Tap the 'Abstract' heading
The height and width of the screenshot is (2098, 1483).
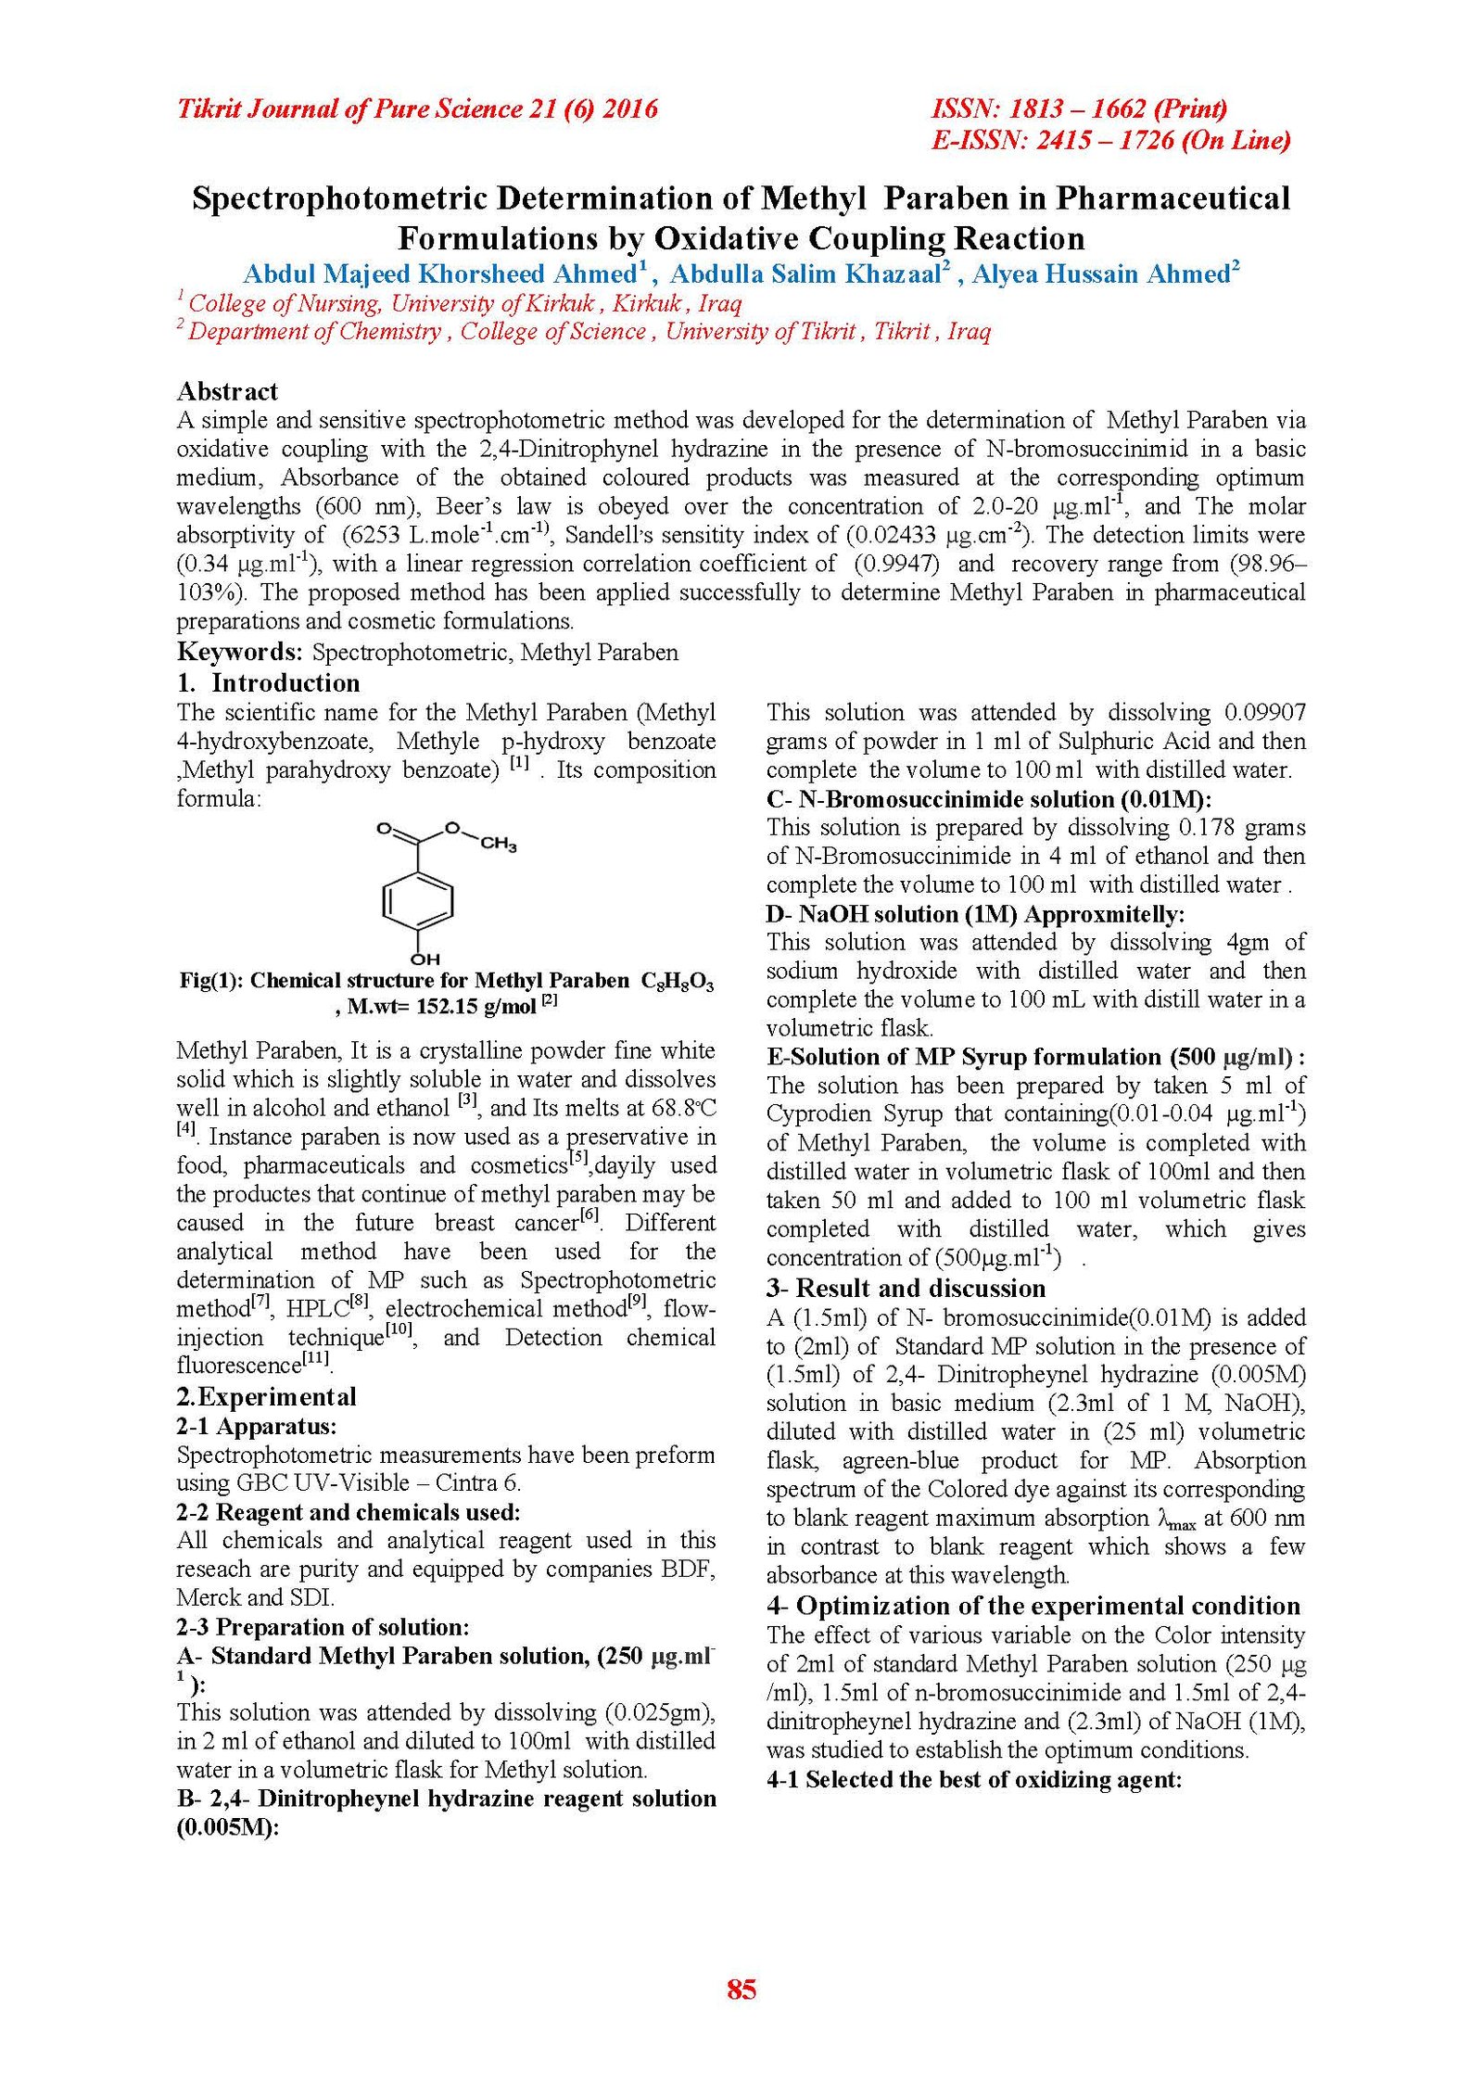227,391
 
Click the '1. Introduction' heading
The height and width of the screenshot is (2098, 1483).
268,683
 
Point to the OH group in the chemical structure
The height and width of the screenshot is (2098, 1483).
425,959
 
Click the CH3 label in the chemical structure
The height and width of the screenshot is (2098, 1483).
498,844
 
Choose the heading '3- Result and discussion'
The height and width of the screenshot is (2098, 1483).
906,1288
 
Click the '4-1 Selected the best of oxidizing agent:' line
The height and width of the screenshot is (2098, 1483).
974,1779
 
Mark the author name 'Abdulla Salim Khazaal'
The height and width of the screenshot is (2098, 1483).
805,274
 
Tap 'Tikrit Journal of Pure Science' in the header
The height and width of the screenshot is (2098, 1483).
351,109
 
